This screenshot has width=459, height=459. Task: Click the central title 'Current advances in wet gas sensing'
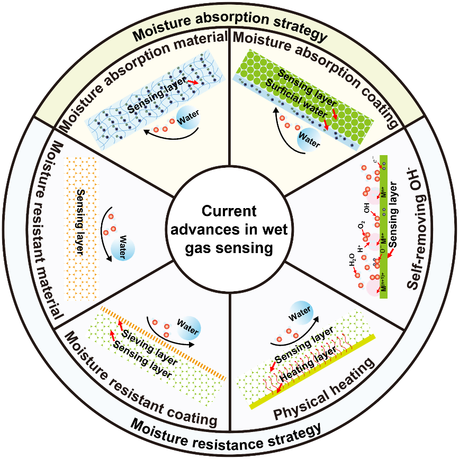tap(229, 230)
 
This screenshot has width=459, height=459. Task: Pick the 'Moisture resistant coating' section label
tap(139, 383)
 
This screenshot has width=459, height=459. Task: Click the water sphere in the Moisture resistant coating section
tap(187, 324)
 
